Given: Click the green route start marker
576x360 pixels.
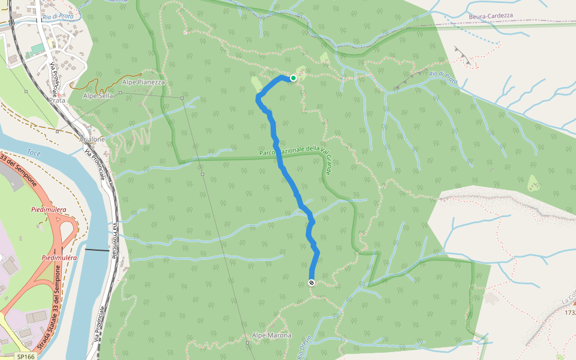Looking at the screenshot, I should coord(293,78).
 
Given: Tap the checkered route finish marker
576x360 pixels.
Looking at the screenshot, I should coord(311,283).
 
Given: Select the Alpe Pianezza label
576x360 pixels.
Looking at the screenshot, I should coord(143,82).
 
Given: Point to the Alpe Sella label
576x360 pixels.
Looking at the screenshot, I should coord(98,95).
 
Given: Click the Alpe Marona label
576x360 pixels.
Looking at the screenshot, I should coord(272,335).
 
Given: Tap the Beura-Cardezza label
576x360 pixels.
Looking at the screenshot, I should coord(491,16).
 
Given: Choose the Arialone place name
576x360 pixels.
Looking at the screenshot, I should coord(92,139).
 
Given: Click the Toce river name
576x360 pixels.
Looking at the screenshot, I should coord(34,154).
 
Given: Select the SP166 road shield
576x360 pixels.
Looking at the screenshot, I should coord(25,356).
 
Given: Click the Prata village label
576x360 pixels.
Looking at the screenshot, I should coord(58,100).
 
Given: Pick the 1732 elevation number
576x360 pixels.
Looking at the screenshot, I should coord(570,312).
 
